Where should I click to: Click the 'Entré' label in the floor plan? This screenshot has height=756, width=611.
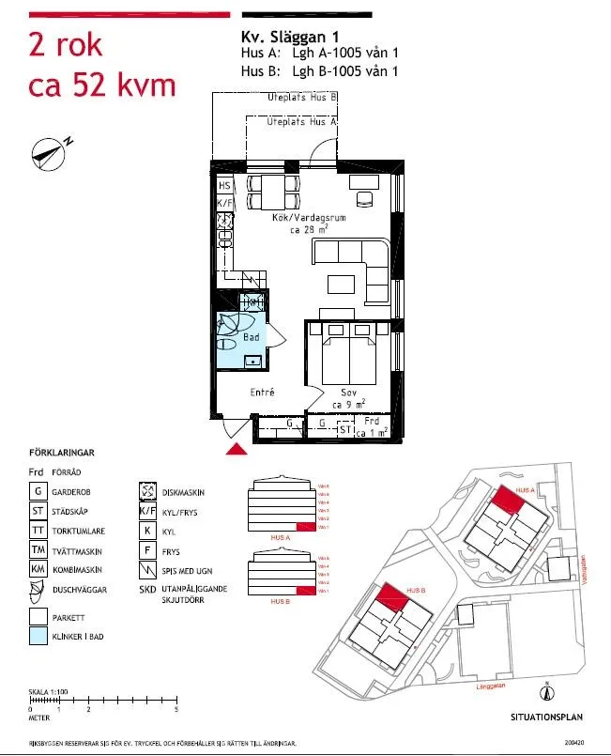pos(262,393)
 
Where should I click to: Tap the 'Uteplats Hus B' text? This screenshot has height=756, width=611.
pos(302,98)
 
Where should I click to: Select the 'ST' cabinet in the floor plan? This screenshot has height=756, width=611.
pos(345,430)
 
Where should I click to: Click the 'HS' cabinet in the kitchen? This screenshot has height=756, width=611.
pos(224,186)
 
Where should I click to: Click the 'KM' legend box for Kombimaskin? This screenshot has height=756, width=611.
pos(38,570)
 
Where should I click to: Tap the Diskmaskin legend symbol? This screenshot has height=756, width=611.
pos(147,491)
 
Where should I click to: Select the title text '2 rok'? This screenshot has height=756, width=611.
pos(66,45)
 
